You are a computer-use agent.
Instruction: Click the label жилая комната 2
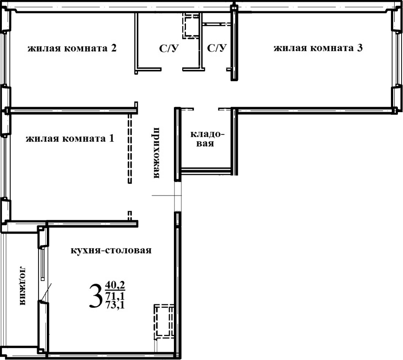(x=71, y=49)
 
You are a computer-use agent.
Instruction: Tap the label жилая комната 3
(x=318, y=48)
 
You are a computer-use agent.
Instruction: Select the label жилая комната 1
(x=70, y=139)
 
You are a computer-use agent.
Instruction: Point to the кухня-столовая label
(x=111, y=251)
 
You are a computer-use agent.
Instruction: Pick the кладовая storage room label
(x=207, y=139)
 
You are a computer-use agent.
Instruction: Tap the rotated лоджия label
(x=22, y=286)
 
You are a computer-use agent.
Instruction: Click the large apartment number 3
(x=95, y=297)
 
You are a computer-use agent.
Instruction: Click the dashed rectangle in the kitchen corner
(x=164, y=322)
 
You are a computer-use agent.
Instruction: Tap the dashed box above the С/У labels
(x=191, y=25)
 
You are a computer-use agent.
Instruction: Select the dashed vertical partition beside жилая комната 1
(x=130, y=148)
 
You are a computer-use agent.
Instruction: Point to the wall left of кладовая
(x=177, y=144)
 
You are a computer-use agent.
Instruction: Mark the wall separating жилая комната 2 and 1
(x=72, y=110)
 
